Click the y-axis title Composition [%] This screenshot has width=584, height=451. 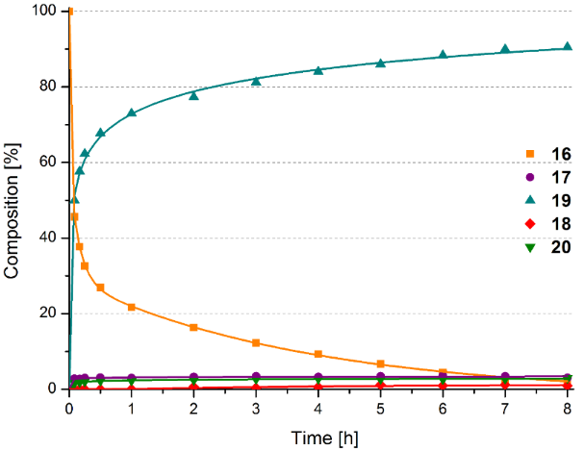12,200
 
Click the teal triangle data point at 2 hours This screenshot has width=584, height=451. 193,94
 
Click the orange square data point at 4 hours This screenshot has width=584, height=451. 318,355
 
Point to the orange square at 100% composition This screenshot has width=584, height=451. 70,12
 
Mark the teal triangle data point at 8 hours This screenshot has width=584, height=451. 567,46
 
